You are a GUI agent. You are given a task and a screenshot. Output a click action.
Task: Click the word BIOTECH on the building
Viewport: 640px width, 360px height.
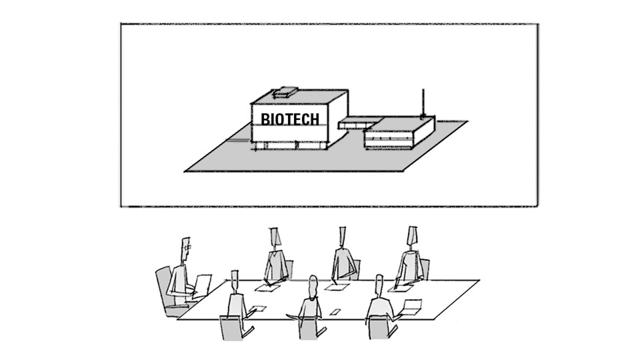point(289,119)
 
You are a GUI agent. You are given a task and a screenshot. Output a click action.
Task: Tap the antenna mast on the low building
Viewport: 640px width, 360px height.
point(423,103)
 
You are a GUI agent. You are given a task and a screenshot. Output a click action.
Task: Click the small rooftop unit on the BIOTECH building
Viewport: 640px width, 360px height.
point(285,91)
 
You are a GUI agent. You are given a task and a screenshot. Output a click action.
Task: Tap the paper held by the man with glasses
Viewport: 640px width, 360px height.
point(203,285)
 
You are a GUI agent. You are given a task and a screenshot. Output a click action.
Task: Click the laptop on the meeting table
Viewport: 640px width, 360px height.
point(411,306)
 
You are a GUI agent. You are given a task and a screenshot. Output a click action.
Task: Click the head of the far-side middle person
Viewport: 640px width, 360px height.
point(342,236)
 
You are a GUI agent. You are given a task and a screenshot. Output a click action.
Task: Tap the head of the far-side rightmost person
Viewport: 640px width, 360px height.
point(412,235)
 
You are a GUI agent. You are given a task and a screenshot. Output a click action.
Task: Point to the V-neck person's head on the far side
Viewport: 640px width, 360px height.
point(274,237)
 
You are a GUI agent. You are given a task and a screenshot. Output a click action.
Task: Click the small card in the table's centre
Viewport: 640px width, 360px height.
point(333,312)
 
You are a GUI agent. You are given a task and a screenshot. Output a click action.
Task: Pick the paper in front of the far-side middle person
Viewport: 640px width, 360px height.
point(337,287)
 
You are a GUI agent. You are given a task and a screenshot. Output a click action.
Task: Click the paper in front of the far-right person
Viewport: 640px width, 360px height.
point(400,288)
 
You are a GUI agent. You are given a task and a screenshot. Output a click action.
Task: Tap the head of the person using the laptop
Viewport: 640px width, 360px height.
point(379,284)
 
